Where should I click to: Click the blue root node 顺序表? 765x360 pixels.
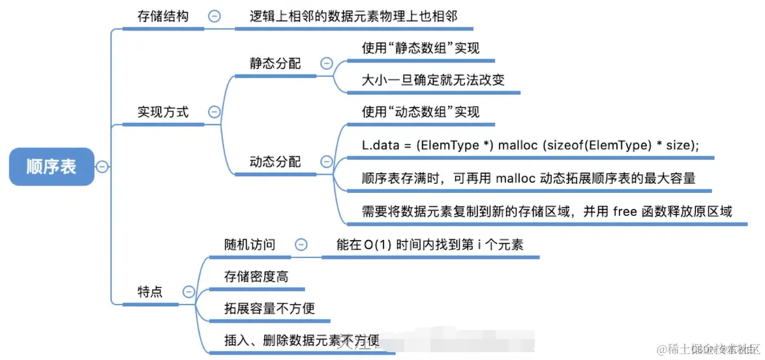(x=52, y=166)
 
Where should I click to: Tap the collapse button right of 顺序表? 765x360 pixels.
(x=102, y=167)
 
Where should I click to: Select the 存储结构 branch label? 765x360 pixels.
(x=163, y=16)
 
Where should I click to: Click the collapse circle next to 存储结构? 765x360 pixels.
(x=214, y=17)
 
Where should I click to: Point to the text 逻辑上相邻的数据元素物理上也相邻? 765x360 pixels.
(x=353, y=16)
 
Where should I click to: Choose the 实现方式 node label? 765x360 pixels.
(x=163, y=112)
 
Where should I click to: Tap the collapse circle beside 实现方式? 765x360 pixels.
(x=214, y=112)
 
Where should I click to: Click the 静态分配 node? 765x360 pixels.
(x=275, y=63)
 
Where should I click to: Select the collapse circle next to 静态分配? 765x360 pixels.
(x=326, y=64)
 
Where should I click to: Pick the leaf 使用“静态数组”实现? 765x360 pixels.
(x=421, y=48)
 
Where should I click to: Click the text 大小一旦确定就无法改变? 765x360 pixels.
(x=433, y=80)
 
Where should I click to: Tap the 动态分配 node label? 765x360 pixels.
(x=275, y=161)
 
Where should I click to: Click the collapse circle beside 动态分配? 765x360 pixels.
(x=326, y=162)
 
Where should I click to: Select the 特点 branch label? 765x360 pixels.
(x=150, y=292)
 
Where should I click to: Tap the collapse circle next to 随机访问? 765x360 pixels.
(x=301, y=245)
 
